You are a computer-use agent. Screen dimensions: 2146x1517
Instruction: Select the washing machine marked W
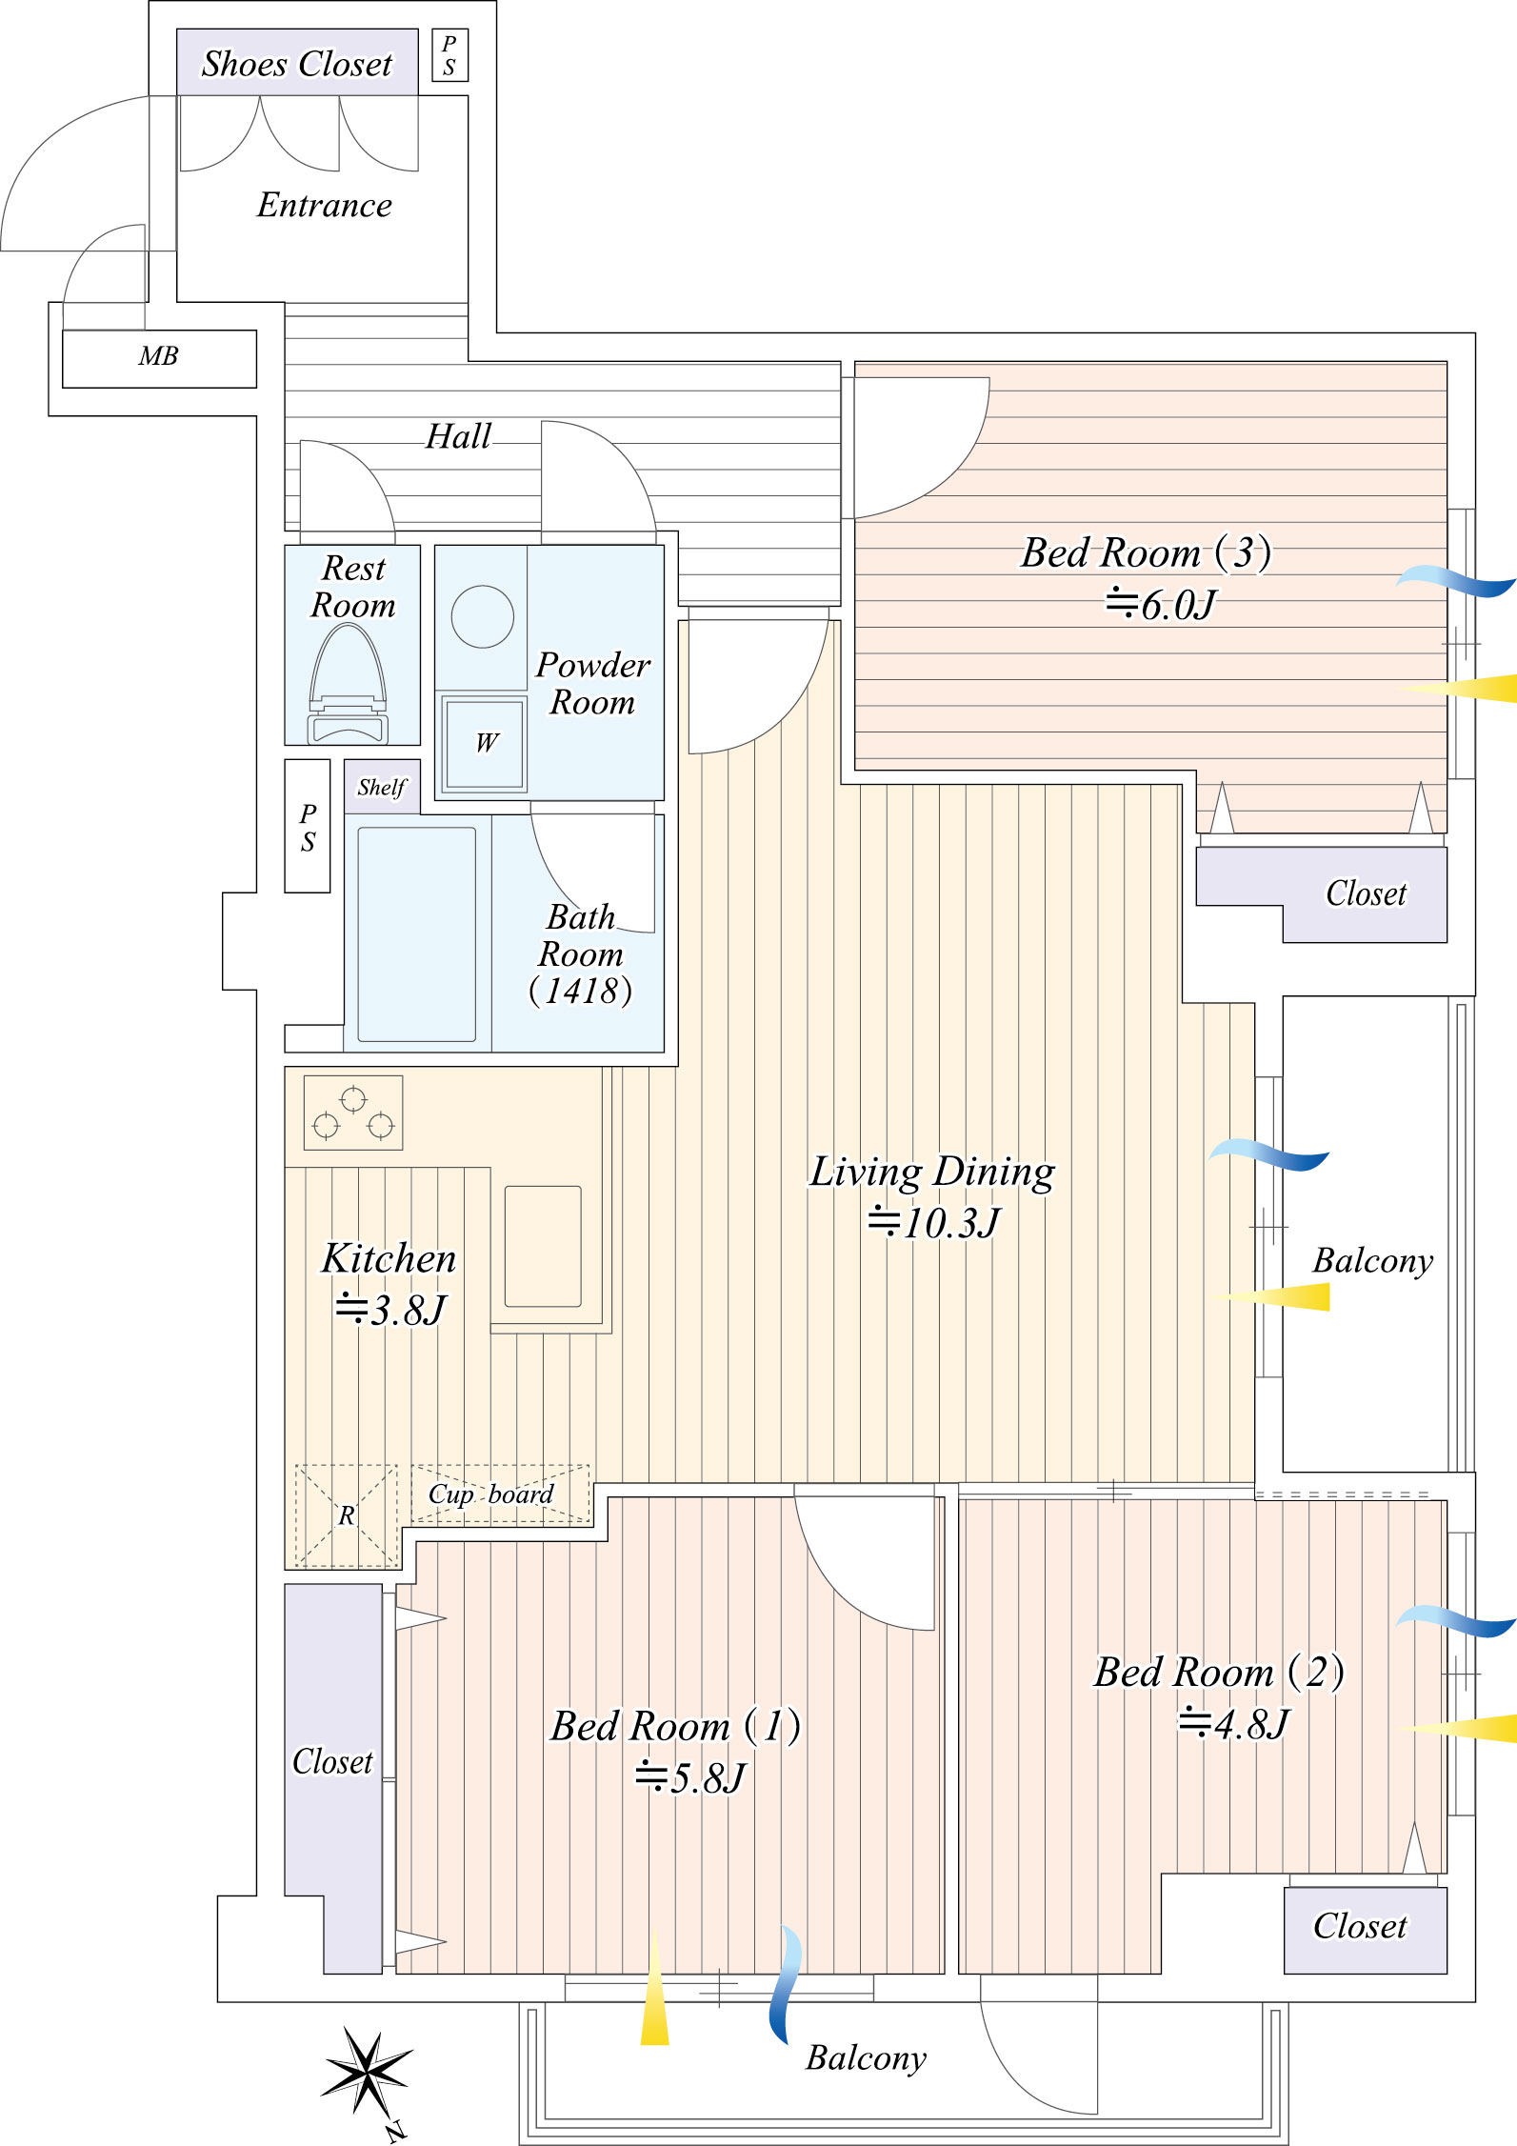coord(484,744)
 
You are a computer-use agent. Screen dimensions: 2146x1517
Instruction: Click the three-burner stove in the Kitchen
coord(353,1113)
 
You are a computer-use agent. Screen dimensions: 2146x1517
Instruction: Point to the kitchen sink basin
coord(543,1246)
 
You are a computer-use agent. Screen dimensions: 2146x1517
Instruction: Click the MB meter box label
coord(158,357)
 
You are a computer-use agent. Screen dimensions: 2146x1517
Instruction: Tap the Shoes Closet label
coord(296,64)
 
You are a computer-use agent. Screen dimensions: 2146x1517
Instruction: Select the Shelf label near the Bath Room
coord(381,787)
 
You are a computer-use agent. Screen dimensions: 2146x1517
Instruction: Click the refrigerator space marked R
coord(347,1515)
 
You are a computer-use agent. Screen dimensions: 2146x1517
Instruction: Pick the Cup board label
coord(491,1494)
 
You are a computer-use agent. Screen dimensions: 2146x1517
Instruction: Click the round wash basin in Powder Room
coord(483,617)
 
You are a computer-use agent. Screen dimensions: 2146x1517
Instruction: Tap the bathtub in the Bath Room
coord(416,934)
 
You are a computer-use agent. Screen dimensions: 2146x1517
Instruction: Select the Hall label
coord(458,436)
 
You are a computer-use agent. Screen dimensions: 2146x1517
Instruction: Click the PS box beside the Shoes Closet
coord(449,55)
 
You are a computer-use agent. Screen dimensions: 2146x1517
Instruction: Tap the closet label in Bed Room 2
coord(1360,1927)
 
